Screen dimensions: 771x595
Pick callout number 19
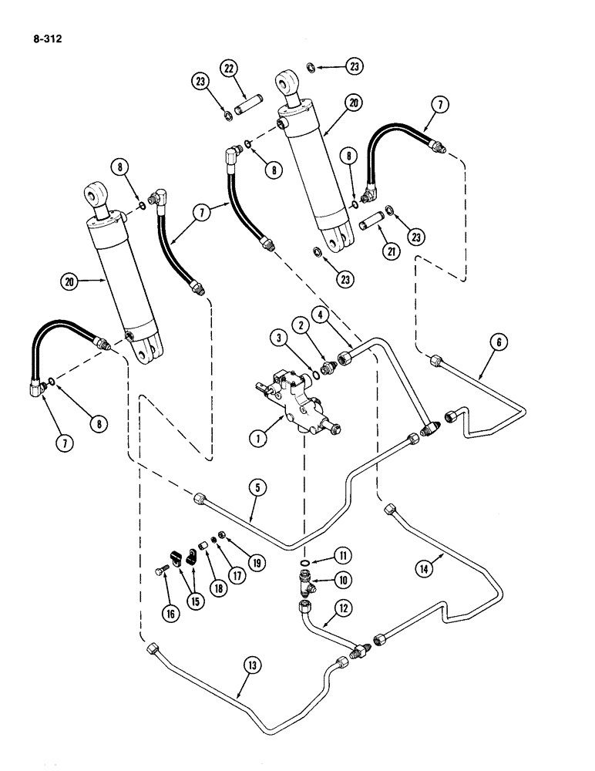(257, 562)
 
